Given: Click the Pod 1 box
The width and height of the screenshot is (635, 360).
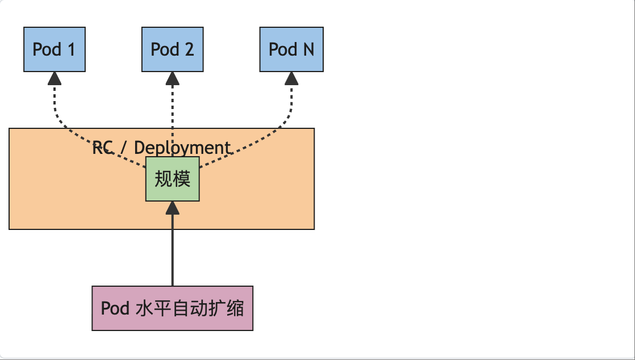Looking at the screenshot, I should point(55,49).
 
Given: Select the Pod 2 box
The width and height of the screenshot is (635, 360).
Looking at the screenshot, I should point(172,49).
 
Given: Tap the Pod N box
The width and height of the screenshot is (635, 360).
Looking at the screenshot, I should point(291,49).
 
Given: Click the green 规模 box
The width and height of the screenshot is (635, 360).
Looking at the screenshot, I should point(173,179).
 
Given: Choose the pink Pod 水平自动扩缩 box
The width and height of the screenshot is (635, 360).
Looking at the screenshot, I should point(172,308).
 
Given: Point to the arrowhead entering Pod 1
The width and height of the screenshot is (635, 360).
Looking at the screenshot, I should point(55,78).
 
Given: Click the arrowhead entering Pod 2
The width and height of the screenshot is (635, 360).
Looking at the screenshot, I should point(173,78).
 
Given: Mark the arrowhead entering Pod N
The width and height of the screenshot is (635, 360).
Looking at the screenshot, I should point(291,78).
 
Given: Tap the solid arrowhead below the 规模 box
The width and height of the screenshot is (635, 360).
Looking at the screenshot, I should point(173,208).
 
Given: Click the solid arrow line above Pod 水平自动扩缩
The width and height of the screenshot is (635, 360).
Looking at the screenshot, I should point(173,250).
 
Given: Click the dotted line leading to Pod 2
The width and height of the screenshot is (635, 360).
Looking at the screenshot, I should point(173,114).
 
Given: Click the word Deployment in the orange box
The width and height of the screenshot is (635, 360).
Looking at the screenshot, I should point(182,148).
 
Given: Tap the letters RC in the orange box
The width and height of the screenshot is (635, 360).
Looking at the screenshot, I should point(102,148).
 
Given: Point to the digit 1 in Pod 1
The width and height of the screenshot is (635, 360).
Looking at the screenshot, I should point(71,49).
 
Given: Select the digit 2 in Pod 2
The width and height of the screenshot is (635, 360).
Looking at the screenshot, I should point(189,49).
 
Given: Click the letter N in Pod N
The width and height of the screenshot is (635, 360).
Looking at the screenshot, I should point(308,49).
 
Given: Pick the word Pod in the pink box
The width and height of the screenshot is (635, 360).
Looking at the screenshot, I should point(115,308).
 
